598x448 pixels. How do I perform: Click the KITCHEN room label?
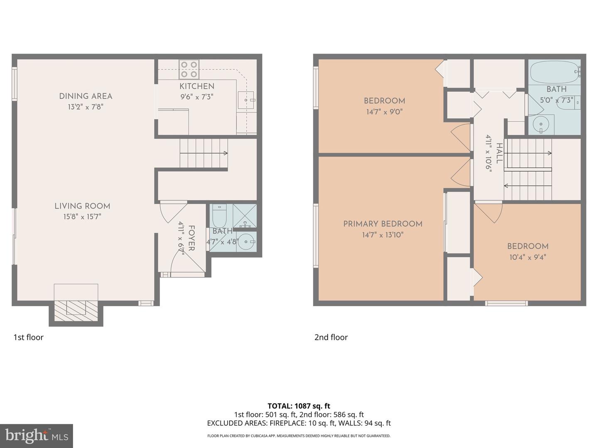(197, 86)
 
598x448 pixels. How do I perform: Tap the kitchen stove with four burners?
(189, 70)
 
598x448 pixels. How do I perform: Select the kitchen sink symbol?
(245, 100)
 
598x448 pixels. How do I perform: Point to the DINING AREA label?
(86, 96)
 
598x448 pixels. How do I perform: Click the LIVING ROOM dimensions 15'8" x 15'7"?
(82, 217)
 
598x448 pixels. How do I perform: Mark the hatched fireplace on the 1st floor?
(76, 309)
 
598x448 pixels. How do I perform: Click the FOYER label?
(191, 238)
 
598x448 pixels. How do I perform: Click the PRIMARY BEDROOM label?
(383, 224)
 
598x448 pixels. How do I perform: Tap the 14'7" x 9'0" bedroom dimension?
(384, 112)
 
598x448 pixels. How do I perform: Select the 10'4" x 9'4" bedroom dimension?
(527, 257)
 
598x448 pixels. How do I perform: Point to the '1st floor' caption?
(28, 337)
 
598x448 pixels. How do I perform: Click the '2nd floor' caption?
(331, 337)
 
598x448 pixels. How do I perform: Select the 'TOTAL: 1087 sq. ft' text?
(299, 406)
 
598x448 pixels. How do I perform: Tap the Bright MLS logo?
(37, 436)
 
